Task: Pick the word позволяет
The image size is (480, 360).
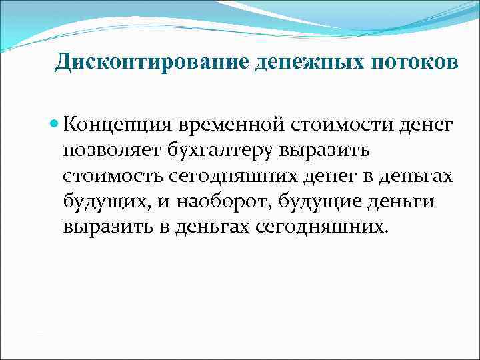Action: pos(109,151)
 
